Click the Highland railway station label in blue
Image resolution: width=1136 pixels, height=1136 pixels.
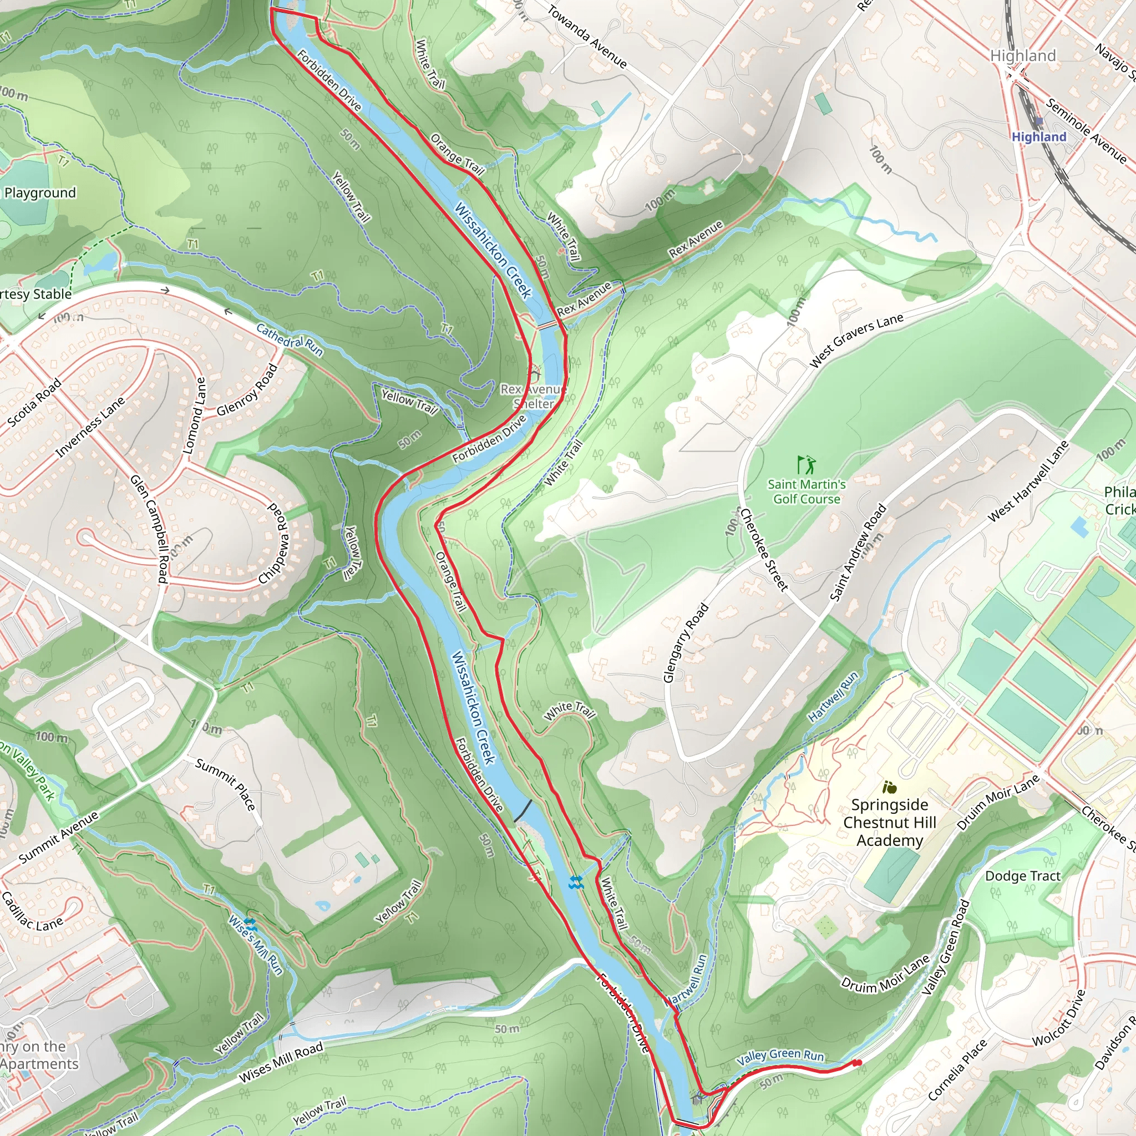[1038, 136]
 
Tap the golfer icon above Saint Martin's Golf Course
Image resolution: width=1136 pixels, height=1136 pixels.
[806, 465]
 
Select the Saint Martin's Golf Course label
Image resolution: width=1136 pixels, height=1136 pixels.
[806, 491]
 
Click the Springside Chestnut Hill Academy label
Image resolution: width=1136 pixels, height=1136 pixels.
[889, 822]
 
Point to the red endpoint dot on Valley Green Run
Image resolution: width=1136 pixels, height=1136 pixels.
[858, 1062]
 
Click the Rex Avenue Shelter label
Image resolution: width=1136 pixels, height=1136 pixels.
[533, 396]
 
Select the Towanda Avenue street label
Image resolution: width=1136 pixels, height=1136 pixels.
[587, 37]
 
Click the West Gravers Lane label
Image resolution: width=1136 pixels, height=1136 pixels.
[856, 341]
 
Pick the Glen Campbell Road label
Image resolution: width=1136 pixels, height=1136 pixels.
[149, 529]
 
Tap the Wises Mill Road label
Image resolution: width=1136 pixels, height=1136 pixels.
[281, 1062]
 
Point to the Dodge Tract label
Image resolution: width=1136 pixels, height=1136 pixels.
[1022, 875]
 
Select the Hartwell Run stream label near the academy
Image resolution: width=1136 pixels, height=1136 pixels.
[833, 697]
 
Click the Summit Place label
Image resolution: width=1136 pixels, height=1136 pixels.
[226, 784]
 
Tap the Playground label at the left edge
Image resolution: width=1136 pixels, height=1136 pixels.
[40, 193]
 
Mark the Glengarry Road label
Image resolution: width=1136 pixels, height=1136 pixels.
[686, 643]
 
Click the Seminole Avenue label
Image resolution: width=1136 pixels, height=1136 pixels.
[1086, 131]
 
